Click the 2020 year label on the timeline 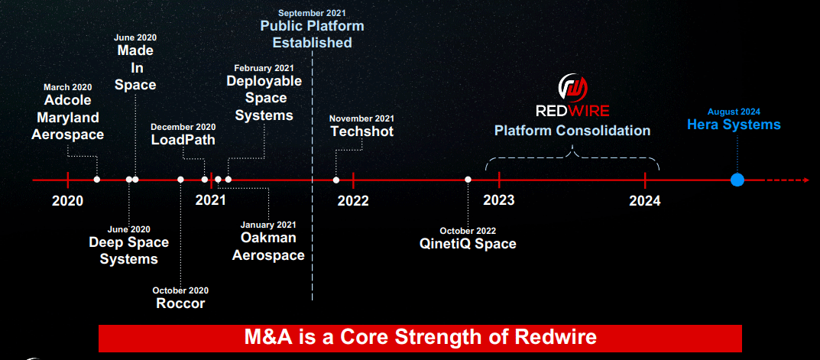point(68,201)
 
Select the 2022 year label point(353,201)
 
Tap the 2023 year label point(499,201)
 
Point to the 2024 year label point(645,201)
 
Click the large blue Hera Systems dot point(737,180)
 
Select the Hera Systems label point(734,125)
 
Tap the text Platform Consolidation point(572,131)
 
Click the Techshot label point(362,131)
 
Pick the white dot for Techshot point(336,180)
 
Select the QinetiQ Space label point(468,244)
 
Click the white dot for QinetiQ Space point(468,180)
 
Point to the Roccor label point(180,303)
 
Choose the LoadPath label point(183,140)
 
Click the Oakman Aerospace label point(268,246)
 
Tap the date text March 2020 point(68,87)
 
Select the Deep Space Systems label point(128,251)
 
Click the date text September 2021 point(312,13)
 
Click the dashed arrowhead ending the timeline point(805,180)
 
